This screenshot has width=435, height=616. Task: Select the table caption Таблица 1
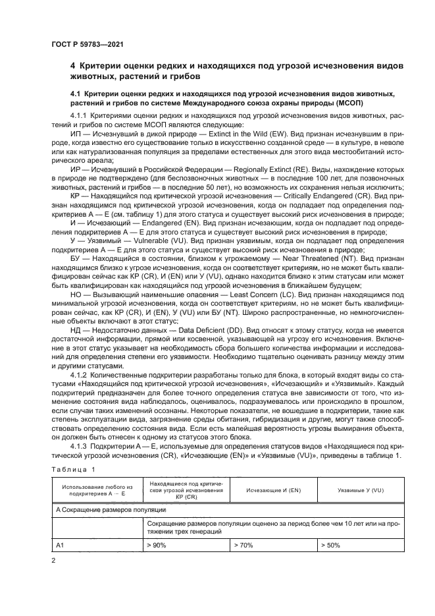tap(72, 468)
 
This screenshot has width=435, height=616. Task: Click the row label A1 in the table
tap(60, 546)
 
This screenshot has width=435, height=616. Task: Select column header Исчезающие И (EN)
tap(273, 491)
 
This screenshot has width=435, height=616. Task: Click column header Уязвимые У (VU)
tap(359, 491)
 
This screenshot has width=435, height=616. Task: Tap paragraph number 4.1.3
tap(81, 448)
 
